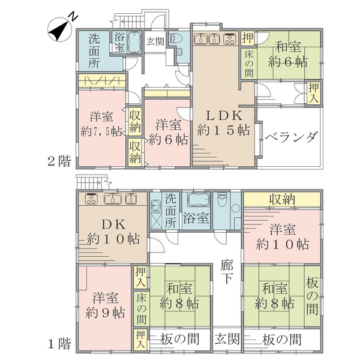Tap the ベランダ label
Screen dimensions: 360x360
click(x=292, y=137)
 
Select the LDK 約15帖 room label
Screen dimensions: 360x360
click(x=224, y=123)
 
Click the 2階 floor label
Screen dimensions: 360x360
click(x=59, y=161)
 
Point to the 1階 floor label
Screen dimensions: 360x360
click(x=59, y=344)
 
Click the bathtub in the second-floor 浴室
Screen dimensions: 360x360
click(x=134, y=42)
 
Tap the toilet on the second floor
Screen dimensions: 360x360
click(x=175, y=39)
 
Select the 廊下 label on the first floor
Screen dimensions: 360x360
click(x=227, y=272)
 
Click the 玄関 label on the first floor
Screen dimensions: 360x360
click(x=227, y=339)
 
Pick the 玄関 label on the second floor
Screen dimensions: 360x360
click(x=155, y=41)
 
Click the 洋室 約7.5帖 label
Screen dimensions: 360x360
click(x=101, y=124)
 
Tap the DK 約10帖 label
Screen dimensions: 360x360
click(x=113, y=232)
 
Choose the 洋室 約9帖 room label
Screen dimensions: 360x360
click(x=105, y=305)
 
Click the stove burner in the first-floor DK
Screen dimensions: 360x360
click(x=91, y=199)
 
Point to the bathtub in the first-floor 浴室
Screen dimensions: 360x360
click(x=199, y=199)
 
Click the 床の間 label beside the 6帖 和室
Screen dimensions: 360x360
click(x=249, y=64)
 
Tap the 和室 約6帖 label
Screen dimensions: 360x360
click(x=288, y=54)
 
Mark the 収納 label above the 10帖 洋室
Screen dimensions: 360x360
click(x=282, y=199)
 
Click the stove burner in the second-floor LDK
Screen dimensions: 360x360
click(x=230, y=38)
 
